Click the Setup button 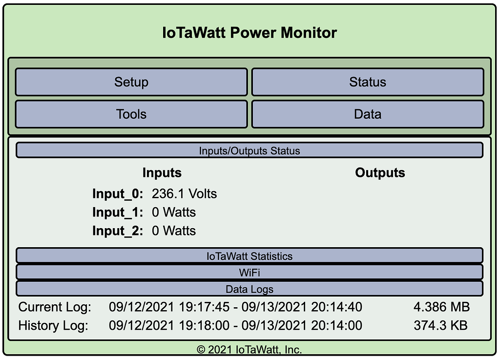(131, 82)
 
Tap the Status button (368, 82)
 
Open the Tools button (131, 114)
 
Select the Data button (368, 114)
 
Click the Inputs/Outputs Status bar (250, 150)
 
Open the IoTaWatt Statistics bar (250, 256)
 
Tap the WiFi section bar (250, 272)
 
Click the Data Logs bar (250, 289)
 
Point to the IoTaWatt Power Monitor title (250, 33)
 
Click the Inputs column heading (162, 173)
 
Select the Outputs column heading (380, 173)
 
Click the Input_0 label (118, 194)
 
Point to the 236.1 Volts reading (184, 194)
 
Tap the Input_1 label (118, 212)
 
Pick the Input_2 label (118, 231)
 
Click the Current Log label (55, 307)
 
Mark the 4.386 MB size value (441, 307)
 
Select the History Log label (54, 325)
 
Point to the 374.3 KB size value (440, 325)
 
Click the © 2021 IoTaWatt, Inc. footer (250, 350)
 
